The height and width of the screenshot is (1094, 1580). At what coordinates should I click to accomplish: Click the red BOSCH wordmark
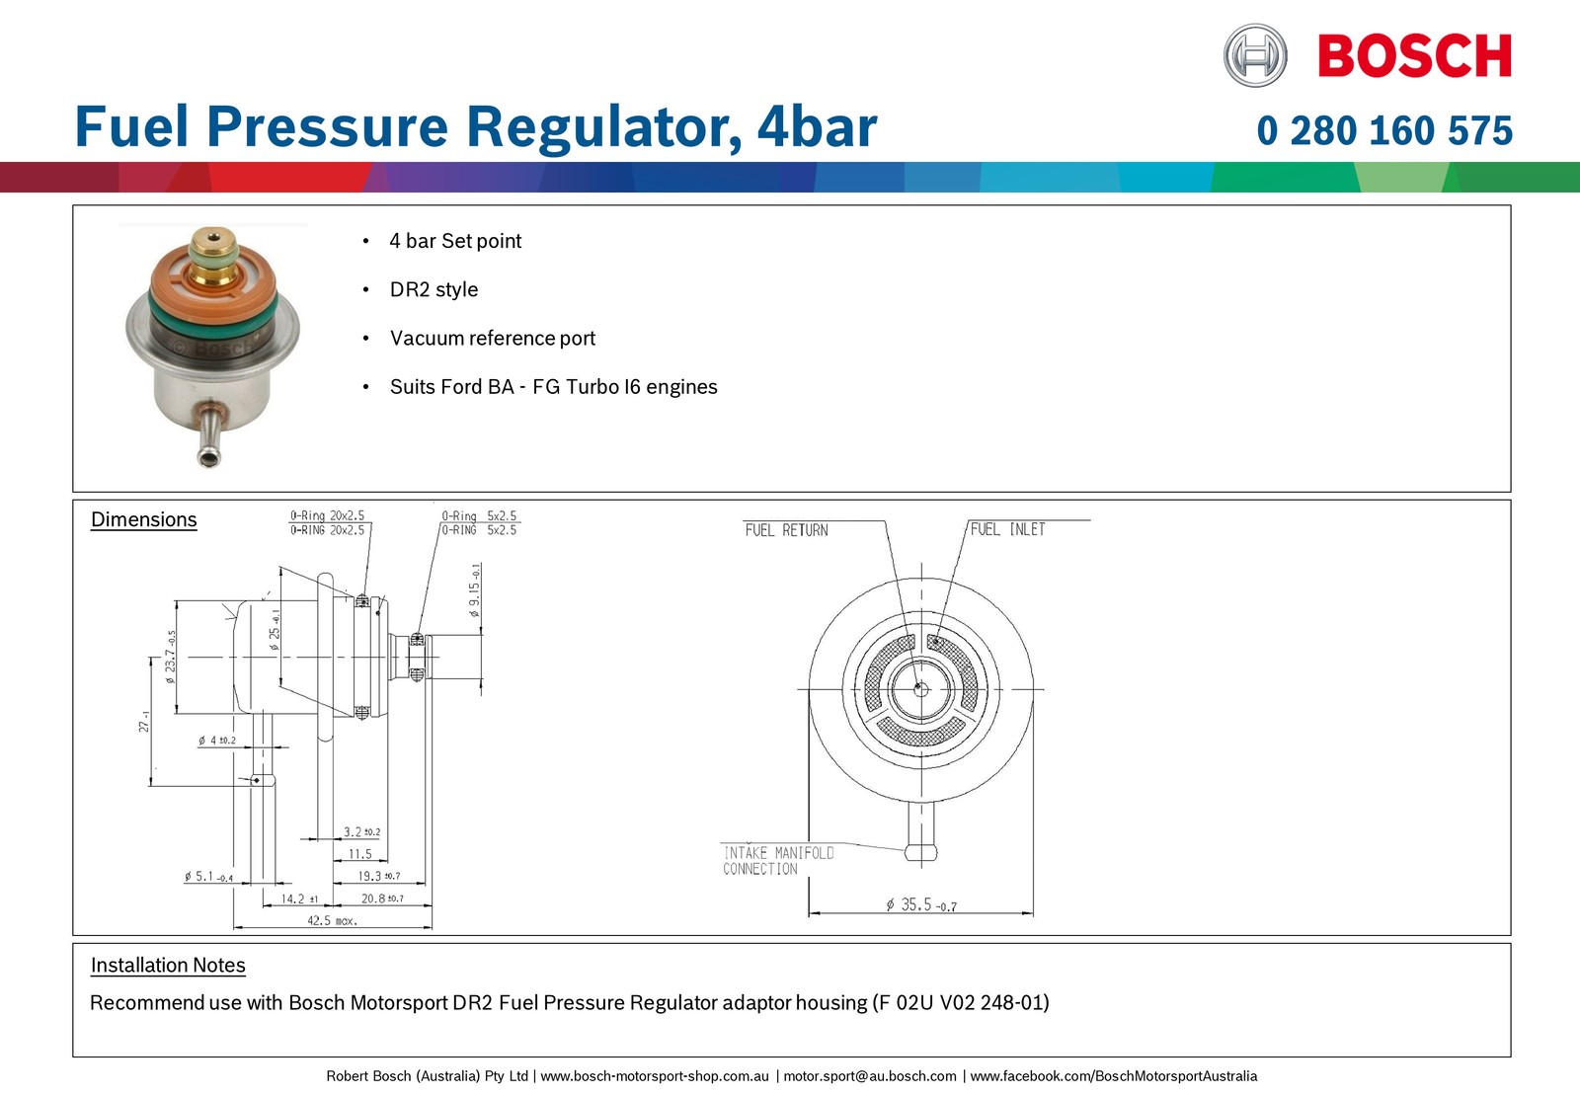[1415, 55]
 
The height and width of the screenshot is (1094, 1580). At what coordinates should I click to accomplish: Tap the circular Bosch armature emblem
[1255, 55]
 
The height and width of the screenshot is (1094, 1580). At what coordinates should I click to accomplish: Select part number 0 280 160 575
[1384, 130]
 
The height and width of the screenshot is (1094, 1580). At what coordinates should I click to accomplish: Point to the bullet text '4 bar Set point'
[455, 241]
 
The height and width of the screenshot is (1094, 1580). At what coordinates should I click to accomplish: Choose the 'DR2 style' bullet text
[434, 289]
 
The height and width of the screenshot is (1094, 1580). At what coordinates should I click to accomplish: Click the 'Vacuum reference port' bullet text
[493, 338]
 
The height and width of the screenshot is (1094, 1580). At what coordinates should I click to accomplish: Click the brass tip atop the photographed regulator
[213, 241]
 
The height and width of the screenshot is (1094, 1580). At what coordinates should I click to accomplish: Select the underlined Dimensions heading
[144, 519]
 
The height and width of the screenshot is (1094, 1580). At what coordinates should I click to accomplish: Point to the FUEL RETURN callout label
[786, 530]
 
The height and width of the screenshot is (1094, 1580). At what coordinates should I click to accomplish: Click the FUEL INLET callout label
[1008, 529]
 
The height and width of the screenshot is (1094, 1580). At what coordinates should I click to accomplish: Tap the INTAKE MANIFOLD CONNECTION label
[778, 861]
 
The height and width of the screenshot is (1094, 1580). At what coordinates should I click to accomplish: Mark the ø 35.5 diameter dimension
[921, 904]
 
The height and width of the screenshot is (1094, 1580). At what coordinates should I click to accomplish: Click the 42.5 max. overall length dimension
[332, 920]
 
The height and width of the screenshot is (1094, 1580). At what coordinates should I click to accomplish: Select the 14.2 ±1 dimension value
[300, 899]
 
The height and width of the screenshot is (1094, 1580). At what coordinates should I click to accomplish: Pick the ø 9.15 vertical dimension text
[475, 590]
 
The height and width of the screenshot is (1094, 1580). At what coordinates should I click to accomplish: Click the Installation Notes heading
[168, 965]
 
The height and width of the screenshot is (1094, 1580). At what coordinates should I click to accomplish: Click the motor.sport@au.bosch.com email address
[870, 1076]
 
